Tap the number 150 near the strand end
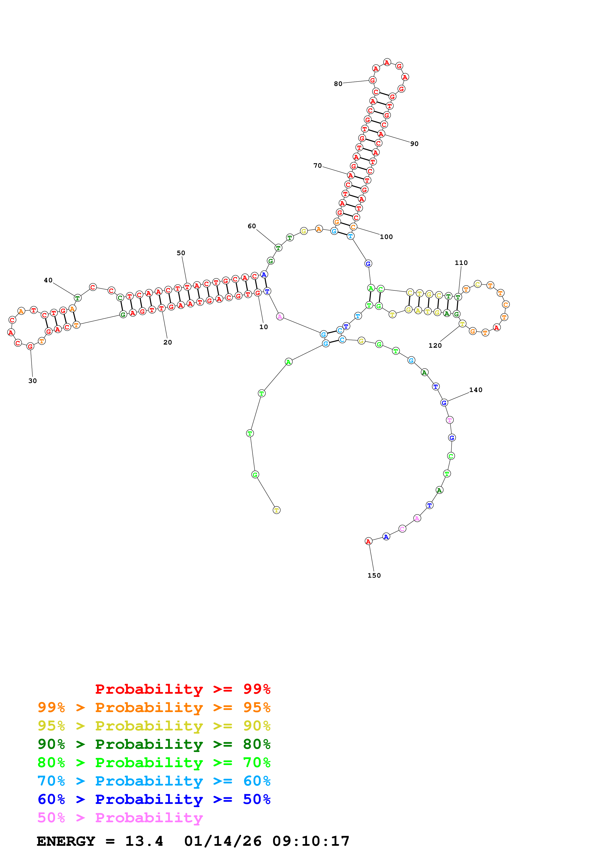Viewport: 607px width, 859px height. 374,575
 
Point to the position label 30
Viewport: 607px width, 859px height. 33,381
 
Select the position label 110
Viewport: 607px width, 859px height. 461,263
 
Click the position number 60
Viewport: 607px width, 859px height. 252,226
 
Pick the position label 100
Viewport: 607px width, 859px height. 386,237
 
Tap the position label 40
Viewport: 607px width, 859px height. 48,280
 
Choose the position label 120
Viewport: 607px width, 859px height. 435,345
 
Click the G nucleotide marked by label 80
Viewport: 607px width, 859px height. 372,80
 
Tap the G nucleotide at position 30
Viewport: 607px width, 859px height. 30,346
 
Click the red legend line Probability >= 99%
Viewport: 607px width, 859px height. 183,689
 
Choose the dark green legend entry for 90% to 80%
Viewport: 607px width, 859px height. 154,744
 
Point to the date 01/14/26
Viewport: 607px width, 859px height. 223,841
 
